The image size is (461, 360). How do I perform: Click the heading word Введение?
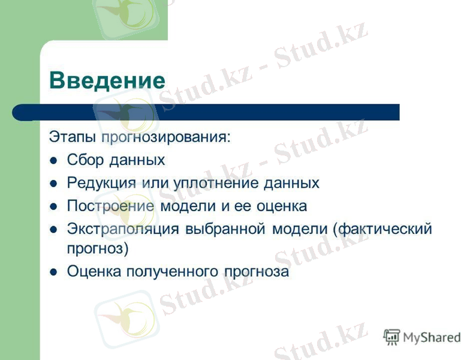(x=107, y=80)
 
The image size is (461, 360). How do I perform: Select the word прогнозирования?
(x=165, y=137)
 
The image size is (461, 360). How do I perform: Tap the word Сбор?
(x=85, y=160)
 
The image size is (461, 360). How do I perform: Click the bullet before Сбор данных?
(x=53, y=161)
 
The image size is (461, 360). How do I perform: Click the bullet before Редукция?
(x=53, y=184)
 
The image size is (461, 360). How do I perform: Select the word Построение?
(x=111, y=206)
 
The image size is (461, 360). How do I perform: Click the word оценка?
(x=281, y=206)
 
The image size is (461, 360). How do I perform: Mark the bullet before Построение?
(x=53, y=206)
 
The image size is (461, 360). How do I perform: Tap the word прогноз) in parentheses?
(x=98, y=247)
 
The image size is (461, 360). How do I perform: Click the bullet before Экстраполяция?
(x=53, y=229)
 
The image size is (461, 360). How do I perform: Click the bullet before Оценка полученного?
(x=53, y=271)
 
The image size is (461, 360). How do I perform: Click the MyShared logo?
(x=422, y=337)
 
